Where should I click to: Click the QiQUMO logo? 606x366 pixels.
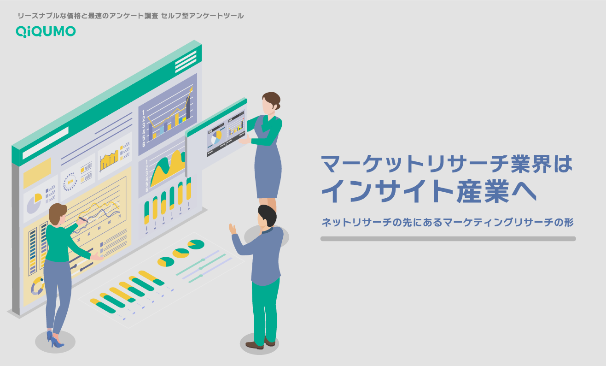pos(46,31)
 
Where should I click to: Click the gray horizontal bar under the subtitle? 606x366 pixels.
pos(448,239)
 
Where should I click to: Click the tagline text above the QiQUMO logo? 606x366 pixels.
pos(130,16)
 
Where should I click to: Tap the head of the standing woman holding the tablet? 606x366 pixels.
pos(270,102)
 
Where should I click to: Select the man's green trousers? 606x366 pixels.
pos(266,309)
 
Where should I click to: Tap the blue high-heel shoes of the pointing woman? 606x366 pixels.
pos(55,340)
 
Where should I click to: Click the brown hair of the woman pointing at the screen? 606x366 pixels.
pos(57,213)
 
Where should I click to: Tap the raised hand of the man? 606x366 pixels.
pos(233,229)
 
